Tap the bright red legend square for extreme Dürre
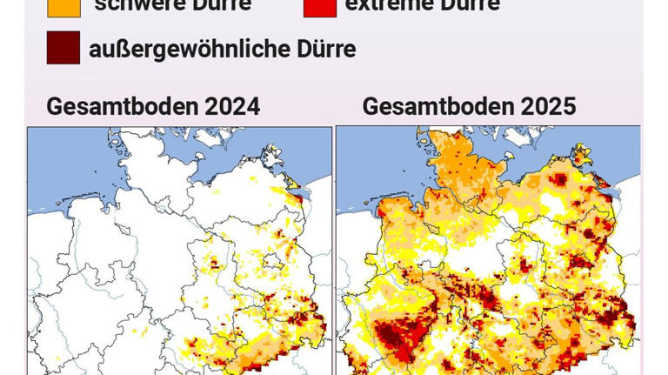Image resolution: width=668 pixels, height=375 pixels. click(320, 5)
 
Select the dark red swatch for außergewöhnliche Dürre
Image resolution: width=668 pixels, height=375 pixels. click(63, 48)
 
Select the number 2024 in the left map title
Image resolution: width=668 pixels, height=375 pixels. click(232, 106)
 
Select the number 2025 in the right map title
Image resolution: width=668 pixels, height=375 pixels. click(548, 106)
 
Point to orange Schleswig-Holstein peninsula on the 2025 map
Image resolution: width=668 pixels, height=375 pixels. click(461, 165)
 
